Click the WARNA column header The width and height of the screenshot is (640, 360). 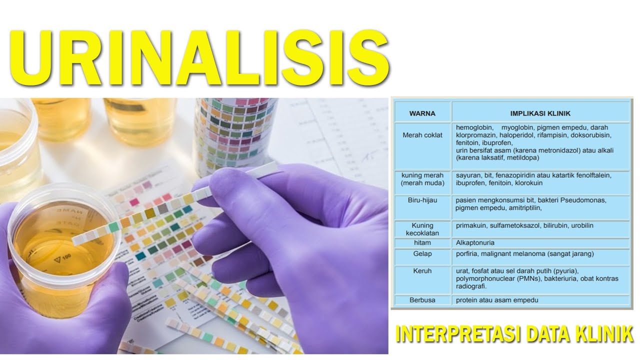point(422,113)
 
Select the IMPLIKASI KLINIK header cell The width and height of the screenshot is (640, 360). point(540,113)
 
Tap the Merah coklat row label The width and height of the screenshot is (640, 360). point(422,135)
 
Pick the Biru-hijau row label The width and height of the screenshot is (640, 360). point(422,199)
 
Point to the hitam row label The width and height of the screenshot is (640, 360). point(422,242)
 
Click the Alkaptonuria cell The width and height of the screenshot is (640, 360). point(475,242)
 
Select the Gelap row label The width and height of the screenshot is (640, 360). point(422,254)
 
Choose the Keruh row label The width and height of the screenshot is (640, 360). point(422,270)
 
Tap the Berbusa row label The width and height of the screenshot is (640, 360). point(422,300)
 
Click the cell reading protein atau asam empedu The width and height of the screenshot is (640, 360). point(497,300)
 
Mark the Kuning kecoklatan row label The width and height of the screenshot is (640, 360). point(422,229)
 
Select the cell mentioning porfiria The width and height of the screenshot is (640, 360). point(524,254)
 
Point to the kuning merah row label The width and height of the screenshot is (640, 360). point(422,179)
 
